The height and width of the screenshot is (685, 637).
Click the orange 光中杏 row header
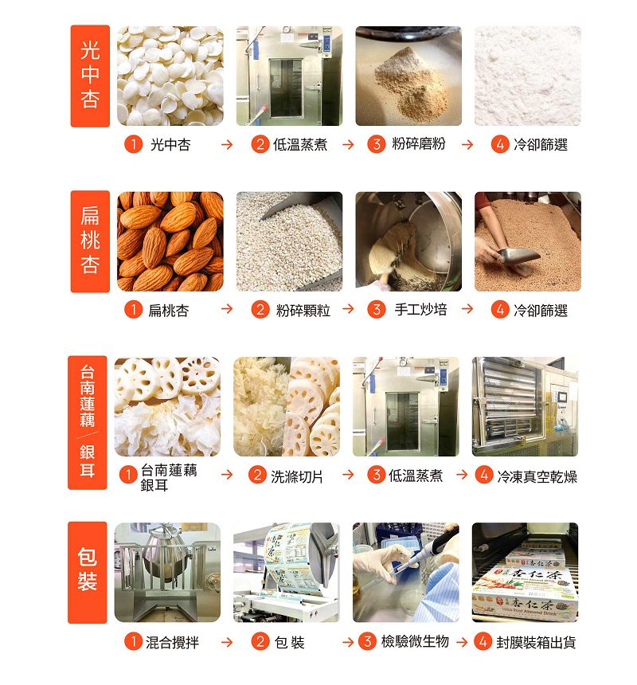(90, 76)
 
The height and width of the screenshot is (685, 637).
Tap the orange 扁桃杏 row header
(90, 241)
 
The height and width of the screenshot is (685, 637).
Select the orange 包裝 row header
(88, 573)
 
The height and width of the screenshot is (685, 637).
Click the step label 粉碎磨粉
(418, 143)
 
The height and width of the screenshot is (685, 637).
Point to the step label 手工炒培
(420, 310)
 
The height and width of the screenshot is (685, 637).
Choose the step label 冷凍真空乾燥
(537, 476)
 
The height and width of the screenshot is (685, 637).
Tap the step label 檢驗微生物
(415, 641)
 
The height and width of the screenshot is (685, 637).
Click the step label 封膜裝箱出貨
(536, 642)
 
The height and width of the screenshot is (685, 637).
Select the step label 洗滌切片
(297, 476)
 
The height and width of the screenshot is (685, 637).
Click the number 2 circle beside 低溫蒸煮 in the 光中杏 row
(260, 144)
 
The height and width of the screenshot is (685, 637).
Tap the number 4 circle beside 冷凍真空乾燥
(484, 476)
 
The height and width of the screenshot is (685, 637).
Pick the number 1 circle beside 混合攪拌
(133, 642)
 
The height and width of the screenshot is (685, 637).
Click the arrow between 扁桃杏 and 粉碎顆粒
(227, 309)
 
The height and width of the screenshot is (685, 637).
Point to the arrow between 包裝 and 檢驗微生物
(348, 642)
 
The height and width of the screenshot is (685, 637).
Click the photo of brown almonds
(170, 241)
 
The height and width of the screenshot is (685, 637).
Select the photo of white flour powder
(528, 76)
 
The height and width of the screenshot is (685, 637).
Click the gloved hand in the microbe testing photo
(380, 564)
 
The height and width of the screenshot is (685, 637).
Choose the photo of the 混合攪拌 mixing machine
(168, 572)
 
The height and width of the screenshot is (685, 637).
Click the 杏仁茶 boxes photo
(526, 572)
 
